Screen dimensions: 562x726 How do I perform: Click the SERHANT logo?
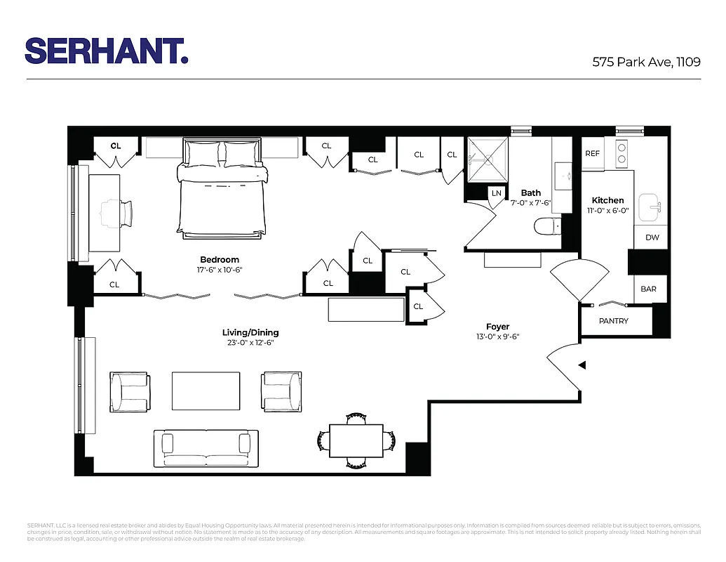(107, 51)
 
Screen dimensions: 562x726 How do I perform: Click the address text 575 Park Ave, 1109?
(646, 62)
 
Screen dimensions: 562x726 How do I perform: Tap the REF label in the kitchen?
(593, 154)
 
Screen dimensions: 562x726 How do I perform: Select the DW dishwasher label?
(652, 237)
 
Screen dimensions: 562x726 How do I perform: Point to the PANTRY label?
(614, 321)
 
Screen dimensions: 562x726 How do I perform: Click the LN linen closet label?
(497, 193)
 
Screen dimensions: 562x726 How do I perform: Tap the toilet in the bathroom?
(545, 226)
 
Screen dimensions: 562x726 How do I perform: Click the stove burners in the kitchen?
(621, 152)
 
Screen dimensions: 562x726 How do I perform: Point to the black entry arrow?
(582, 365)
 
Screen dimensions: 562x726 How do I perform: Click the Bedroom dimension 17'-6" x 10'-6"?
(220, 270)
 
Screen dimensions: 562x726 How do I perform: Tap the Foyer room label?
(497, 327)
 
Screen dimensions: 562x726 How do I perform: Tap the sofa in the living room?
(206, 447)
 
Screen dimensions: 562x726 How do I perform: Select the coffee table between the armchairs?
(206, 391)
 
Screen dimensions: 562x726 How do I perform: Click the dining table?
(356, 440)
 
